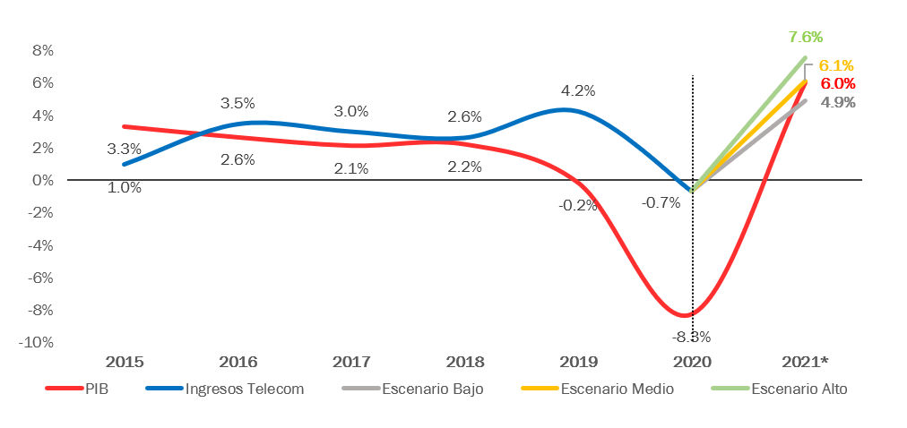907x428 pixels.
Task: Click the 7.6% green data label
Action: (805, 37)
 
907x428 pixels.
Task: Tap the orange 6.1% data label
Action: (836, 65)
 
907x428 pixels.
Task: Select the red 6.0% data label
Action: (837, 83)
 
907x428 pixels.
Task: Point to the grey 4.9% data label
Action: (837, 102)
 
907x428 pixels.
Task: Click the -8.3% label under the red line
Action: (691, 338)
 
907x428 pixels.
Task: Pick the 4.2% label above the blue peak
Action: (577, 90)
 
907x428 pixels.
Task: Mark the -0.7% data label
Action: (661, 202)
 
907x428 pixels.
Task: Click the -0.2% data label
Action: (577, 204)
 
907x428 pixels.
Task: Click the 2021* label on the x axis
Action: (804, 362)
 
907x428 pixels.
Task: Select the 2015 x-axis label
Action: (125, 362)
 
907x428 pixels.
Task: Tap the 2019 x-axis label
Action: (578, 362)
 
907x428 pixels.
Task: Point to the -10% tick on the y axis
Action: (38, 342)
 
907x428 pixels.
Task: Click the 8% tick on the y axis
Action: (42, 50)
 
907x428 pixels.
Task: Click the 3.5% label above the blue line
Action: (238, 103)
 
